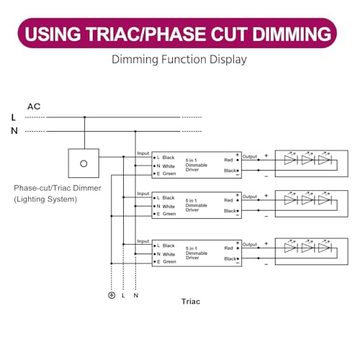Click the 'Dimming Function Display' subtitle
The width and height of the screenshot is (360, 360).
pyautogui.click(x=179, y=60)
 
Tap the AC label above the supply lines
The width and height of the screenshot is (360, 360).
pyautogui.click(x=34, y=107)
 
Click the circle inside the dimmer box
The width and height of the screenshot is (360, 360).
pyautogui.click(x=84, y=163)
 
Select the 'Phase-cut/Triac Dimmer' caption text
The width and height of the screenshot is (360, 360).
pyautogui.click(x=58, y=188)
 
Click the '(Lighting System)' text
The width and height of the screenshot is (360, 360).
pyautogui.click(x=45, y=199)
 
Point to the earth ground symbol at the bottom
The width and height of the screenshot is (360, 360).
pyautogui.click(x=112, y=295)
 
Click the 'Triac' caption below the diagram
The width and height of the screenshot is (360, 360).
pyautogui.click(x=191, y=302)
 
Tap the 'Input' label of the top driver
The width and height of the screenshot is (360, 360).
pyautogui.click(x=143, y=153)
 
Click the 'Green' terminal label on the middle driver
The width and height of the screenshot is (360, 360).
pyautogui.click(x=169, y=214)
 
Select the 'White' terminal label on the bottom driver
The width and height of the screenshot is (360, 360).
pyautogui.click(x=168, y=254)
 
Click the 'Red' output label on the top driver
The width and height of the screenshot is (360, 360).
pyautogui.click(x=228, y=160)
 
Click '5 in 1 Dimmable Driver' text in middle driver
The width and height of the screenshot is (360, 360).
pyautogui.click(x=197, y=205)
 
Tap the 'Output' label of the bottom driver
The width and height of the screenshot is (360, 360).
pyautogui.click(x=250, y=244)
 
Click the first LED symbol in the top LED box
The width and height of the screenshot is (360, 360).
pyautogui.click(x=291, y=159)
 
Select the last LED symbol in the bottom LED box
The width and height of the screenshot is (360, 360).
pyautogui.click(x=325, y=248)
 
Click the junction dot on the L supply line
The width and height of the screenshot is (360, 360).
pyautogui.click(x=84, y=117)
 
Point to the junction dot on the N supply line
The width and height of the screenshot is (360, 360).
pyautogui.click(x=135, y=131)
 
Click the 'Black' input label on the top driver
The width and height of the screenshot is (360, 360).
pyautogui.click(x=168, y=158)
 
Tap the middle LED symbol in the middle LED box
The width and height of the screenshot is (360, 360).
pyautogui.click(x=308, y=199)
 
